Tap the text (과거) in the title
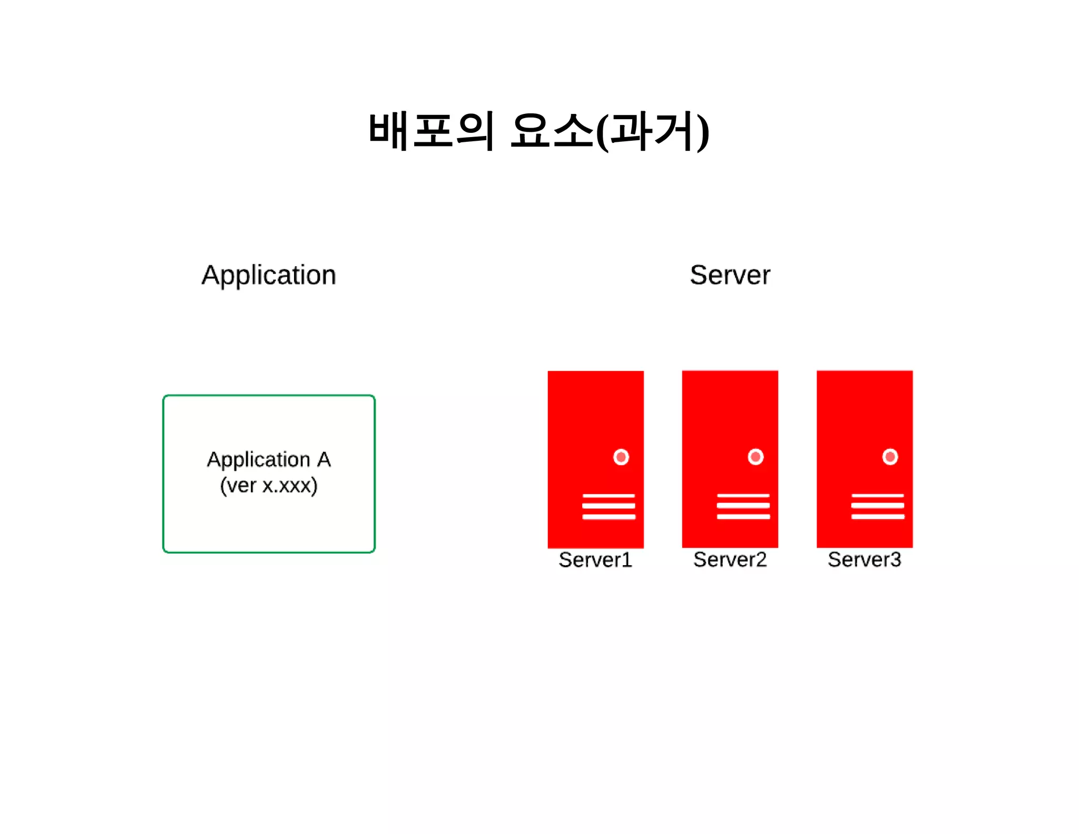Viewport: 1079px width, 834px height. click(x=653, y=132)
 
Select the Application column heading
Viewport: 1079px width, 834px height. click(x=269, y=275)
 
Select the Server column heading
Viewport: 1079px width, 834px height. click(x=730, y=275)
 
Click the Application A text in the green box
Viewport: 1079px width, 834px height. click(x=269, y=460)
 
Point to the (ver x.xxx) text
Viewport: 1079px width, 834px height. click(x=269, y=486)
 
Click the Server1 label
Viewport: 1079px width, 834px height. click(x=595, y=560)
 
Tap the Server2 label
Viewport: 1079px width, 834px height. click(x=730, y=560)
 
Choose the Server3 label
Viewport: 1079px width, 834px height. click(x=864, y=560)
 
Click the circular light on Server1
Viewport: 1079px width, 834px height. click(x=621, y=457)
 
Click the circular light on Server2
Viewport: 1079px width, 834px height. click(x=756, y=457)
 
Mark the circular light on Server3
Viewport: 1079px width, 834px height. click(x=890, y=457)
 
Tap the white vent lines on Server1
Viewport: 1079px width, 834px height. click(x=609, y=507)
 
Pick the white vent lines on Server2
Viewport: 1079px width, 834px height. click(x=743, y=507)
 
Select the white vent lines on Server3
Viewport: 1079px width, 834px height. click(x=878, y=507)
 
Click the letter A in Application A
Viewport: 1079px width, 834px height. click(x=323, y=460)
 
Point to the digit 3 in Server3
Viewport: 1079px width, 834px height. click(x=895, y=560)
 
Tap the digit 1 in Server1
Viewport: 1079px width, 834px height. click(x=627, y=560)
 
